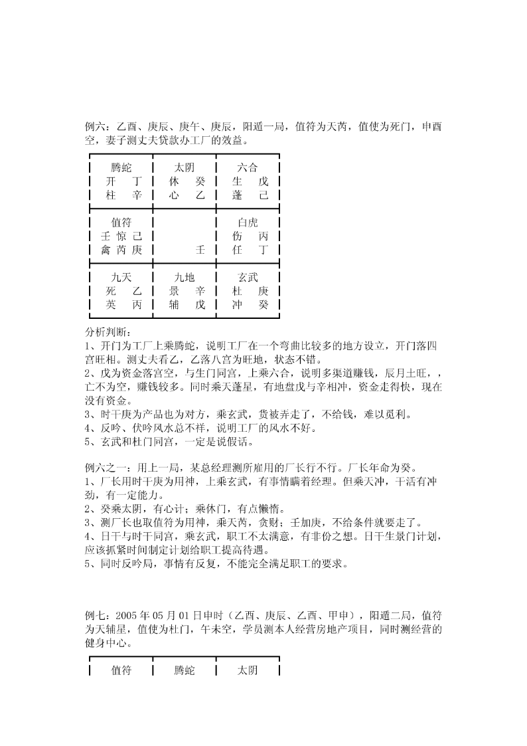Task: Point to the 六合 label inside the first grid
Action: coord(248,167)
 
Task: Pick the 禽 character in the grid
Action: coord(106,250)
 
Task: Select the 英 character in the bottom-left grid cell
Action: coord(111,305)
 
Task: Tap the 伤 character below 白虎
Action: coord(238,236)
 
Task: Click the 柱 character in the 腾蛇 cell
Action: coord(111,195)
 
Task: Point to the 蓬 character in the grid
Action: coord(238,195)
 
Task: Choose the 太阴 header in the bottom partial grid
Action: coord(248,670)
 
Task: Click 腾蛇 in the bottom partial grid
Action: coord(185,670)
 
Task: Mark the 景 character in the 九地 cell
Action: coord(175,292)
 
